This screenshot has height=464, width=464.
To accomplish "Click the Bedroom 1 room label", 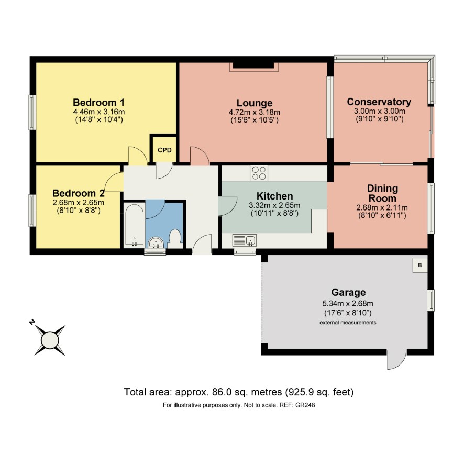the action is pos(98,103).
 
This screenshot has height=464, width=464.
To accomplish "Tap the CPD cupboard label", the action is pos(164,150).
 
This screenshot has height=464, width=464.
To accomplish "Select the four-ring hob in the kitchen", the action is pos(259,173).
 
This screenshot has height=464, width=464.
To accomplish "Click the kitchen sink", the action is pos(245,240).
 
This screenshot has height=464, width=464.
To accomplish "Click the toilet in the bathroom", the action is pos(175,239).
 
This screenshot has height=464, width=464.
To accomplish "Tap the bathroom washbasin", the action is pos(156,243).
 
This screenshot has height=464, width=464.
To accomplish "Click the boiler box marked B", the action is pos(420,265).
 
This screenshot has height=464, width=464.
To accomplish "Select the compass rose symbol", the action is pos(50,340).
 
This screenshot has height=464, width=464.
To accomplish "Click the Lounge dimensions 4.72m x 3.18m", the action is pos(255,113).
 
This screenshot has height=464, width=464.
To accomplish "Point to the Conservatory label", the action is pos(379,102).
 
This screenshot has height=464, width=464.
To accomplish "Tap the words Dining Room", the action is pos(382,193).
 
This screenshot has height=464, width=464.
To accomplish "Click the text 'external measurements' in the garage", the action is pos(348,323).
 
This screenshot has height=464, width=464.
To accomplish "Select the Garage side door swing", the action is pos(396,360).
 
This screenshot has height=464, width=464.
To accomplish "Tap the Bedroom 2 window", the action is pos(32,211).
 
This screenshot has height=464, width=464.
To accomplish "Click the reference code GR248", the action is pos(305,405).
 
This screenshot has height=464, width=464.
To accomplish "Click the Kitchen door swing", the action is pos(228,206).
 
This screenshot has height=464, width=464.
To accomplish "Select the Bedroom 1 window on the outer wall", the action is pos(32,112).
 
